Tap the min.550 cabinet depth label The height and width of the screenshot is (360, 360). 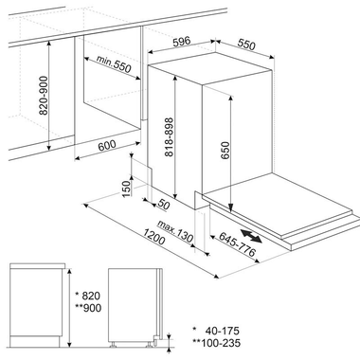tap(113, 68)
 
